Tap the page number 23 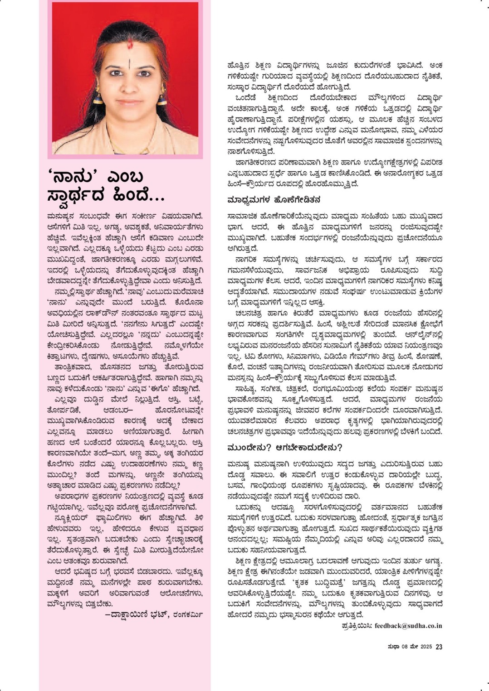439,647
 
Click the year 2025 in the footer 425,647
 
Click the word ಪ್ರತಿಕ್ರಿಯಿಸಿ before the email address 357,626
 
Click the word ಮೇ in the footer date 411,647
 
